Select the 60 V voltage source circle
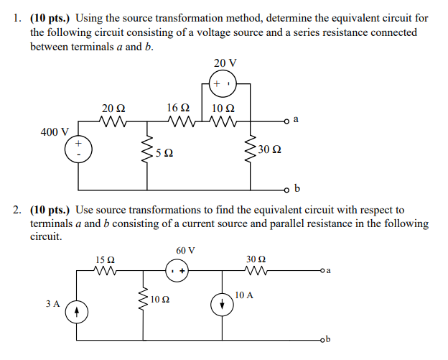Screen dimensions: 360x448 click(x=177, y=271)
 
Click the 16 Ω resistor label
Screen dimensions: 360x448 click(x=177, y=108)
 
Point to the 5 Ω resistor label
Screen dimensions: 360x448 click(x=163, y=153)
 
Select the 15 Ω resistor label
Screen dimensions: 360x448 click(x=105, y=259)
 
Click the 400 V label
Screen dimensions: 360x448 click(x=55, y=132)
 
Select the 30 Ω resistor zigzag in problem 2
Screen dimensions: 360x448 click(x=256, y=271)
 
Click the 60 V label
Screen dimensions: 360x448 click(x=185, y=250)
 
